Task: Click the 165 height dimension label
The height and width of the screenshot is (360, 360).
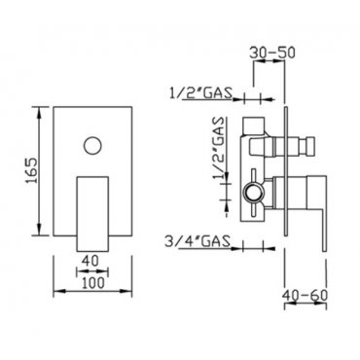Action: [32, 171]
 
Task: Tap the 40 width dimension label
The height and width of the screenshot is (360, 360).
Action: [90, 261]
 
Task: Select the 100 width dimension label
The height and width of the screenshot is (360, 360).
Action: [93, 283]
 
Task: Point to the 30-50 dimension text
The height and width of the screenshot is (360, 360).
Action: [272, 53]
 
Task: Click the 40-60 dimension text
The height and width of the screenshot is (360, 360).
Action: [305, 295]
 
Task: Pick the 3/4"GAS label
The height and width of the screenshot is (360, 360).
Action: [198, 241]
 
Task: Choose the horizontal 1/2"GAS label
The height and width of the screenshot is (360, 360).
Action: [200, 93]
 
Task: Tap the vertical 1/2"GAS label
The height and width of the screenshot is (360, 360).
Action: [219, 148]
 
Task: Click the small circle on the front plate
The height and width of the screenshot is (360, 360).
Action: [92, 145]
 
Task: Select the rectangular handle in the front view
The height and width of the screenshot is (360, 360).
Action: [92, 214]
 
